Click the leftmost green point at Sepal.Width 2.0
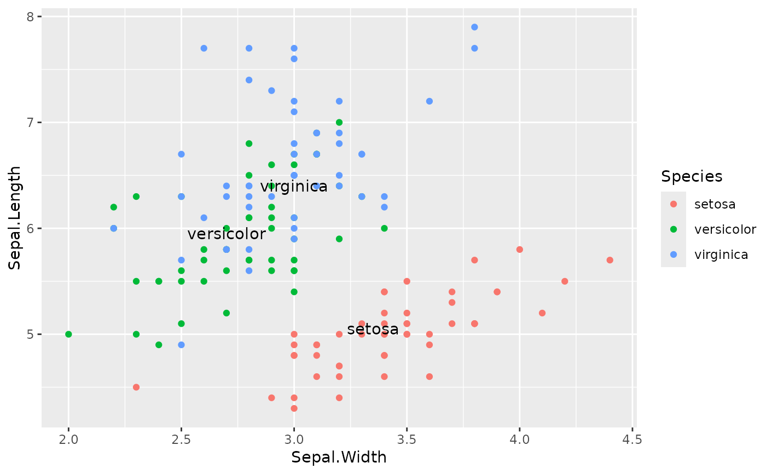tap(68, 334)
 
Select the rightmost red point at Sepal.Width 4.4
tap(610, 260)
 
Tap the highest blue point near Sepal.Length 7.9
tap(474, 27)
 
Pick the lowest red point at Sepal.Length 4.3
tap(294, 408)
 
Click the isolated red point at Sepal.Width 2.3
tap(136, 387)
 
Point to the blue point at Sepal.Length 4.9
tap(181, 345)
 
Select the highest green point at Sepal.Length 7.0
tap(339, 122)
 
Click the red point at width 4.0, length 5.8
tap(520, 250)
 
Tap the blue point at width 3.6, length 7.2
tap(430, 101)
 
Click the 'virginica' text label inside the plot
tap(294, 187)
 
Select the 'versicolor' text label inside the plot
tap(227, 234)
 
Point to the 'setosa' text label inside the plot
tap(373, 330)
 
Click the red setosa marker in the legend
tap(674, 204)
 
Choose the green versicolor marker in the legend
tap(674, 229)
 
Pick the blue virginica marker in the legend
tap(674, 255)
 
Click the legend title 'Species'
tap(692, 176)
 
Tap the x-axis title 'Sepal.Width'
tap(339, 458)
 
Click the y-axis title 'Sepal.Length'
tap(15, 217)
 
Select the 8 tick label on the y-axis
tap(31, 16)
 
